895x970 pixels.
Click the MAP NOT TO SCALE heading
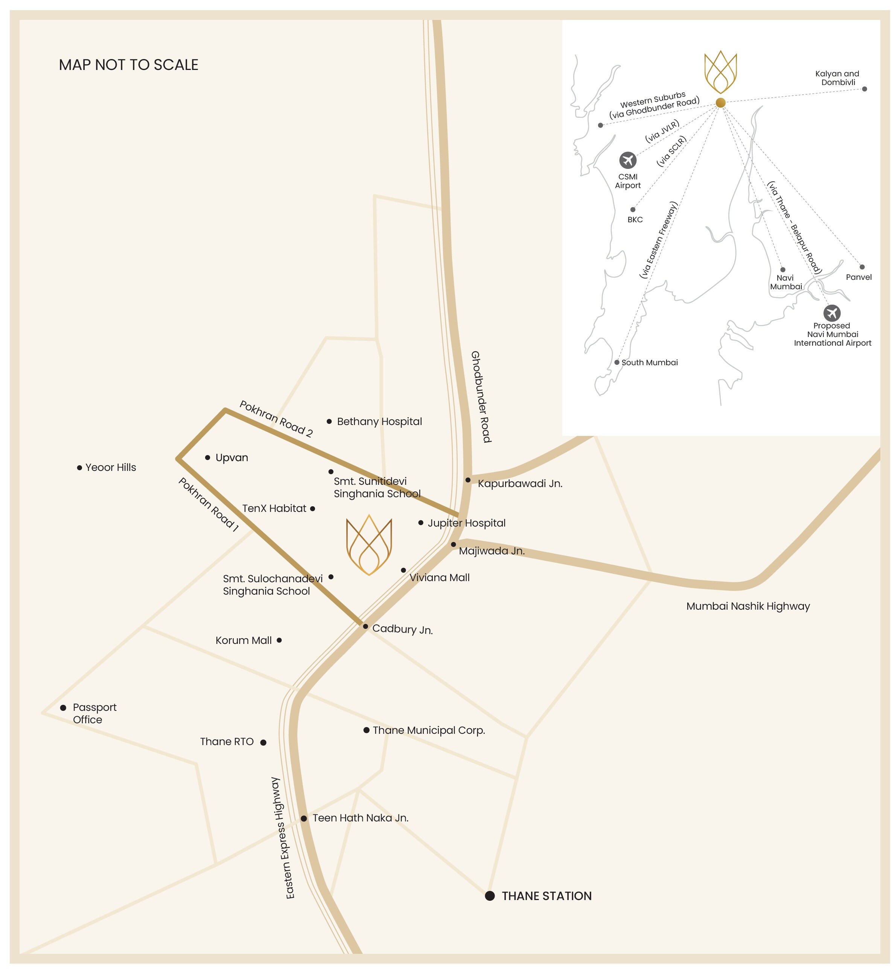128,65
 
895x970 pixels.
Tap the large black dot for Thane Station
490,896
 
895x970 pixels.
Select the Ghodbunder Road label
481,397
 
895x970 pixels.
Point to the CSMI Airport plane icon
628,160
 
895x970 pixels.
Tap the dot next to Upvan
207,457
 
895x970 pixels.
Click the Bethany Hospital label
379,422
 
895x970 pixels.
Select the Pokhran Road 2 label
276,419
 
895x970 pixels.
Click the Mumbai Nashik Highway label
748,606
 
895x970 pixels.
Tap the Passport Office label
94,713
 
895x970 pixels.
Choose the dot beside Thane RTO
263,742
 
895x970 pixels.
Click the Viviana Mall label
439,577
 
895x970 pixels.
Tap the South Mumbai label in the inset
650,363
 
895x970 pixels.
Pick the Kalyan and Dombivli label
837,78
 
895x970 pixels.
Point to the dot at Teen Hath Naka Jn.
304,818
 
